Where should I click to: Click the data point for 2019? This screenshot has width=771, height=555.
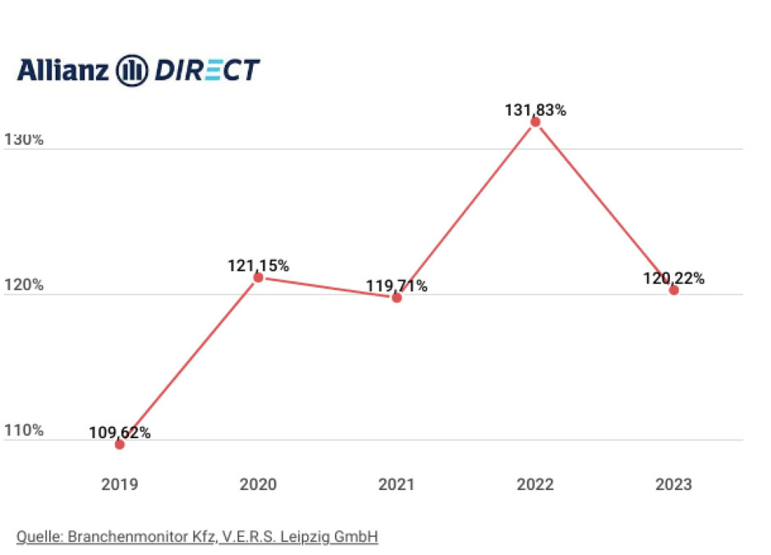[x=120, y=444]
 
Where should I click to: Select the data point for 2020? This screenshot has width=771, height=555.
[x=258, y=277]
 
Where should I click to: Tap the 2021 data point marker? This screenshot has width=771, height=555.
[x=397, y=298]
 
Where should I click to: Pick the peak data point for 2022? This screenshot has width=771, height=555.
[x=535, y=122]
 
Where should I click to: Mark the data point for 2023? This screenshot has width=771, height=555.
[x=673, y=290]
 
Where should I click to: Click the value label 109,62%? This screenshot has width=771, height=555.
[x=121, y=432]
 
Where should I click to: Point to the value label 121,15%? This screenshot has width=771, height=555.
[x=258, y=266]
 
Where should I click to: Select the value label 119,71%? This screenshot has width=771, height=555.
[x=397, y=286]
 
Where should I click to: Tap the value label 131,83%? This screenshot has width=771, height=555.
[x=535, y=110]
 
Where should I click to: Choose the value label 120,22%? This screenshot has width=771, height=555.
[x=673, y=279]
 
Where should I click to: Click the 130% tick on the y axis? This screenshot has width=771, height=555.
[x=24, y=140]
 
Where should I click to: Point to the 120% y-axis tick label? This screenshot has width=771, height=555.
[x=24, y=285]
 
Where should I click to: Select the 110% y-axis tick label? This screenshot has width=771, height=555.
[x=24, y=431]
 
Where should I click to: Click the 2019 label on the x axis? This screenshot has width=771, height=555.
[x=120, y=484]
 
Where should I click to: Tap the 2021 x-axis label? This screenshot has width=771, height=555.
[x=397, y=484]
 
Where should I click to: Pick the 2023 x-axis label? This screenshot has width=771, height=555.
[x=673, y=484]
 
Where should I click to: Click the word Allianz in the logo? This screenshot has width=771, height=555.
[x=62, y=70]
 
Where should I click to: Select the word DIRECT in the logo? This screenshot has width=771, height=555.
[x=207, y=71]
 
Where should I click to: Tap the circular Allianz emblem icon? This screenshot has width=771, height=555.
[x=132, y=71]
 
